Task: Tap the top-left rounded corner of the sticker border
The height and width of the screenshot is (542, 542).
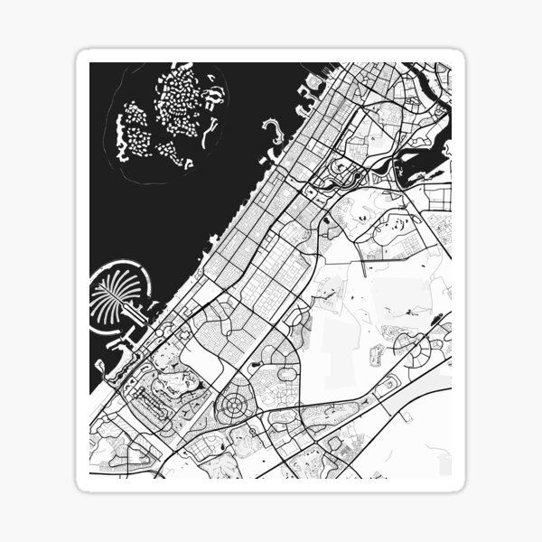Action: pos(83,57)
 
